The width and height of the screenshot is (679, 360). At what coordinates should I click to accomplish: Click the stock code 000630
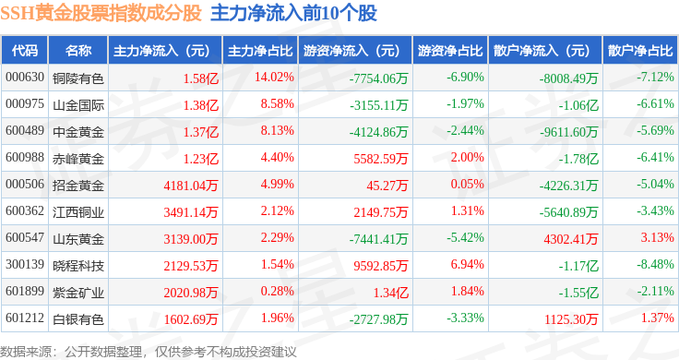tap(25, 78)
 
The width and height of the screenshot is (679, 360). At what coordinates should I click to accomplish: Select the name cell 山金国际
tap(78, 105)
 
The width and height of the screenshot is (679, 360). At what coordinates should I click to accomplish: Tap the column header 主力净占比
tap(260, 51)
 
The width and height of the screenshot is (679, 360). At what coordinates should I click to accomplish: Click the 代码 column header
tap(25, 51)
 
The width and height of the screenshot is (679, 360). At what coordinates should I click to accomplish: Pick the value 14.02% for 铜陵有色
tap(274, 78)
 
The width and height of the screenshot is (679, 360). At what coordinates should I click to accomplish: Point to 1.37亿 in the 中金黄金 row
tap(201, 132)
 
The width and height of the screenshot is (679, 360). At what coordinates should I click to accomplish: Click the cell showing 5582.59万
tap(381, 159)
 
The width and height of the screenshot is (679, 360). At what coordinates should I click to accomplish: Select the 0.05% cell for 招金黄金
tap(467, 184)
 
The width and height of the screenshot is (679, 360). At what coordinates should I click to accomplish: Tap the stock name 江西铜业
tap(78, 212)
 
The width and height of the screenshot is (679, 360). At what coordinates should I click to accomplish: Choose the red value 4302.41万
tap(571, 239)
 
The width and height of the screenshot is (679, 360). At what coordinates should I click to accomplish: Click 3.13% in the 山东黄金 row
tap(658, 237)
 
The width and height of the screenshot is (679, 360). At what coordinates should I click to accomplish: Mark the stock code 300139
tap(25, 264)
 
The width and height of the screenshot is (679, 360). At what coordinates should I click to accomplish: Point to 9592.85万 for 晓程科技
tap(381, 266)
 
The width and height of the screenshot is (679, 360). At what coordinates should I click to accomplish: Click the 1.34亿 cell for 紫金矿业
tap(391, 293)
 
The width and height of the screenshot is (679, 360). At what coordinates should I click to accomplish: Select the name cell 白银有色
tap(78, 319)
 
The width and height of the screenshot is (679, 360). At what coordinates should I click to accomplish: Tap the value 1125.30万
tap(571, 319)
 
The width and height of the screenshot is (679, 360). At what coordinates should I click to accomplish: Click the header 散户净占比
tap(640, 51)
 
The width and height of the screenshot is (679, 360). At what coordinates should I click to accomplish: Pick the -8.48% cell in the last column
tap(655, 264)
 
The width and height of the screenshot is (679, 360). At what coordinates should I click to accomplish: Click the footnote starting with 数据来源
tap(149, 352)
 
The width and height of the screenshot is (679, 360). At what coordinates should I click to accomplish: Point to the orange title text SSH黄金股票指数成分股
tap(101, 13)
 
